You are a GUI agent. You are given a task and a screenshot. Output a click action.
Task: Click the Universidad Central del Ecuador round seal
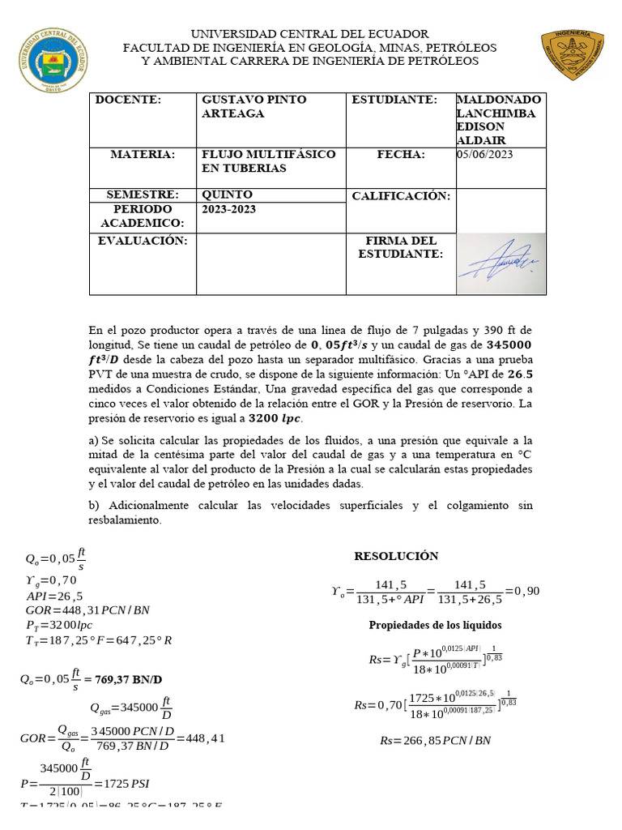pyautogui.click(x=50, y=61)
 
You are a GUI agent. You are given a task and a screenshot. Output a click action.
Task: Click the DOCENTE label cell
pyautogui.click(x=129, y=100)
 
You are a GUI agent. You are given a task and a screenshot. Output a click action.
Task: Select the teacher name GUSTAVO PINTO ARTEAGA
pyautogui.click(x=253, y=106)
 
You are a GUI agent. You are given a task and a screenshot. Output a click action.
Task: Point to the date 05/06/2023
pyautogui.click(x=485, y=154)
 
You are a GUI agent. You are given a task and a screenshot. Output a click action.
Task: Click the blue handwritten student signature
pyautogui.click(x=500, y=260)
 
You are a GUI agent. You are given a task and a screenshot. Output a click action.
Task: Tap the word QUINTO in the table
pyautogui.click(x=227, y=195)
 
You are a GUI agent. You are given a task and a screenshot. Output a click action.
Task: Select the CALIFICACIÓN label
pyautogui.click(x=400, y=196)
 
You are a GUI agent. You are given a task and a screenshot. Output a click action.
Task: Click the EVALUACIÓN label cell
pyautogui.click(x=143, y=241)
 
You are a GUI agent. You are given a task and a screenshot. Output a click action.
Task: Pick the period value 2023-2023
pyautogui.click(x=228, y=209)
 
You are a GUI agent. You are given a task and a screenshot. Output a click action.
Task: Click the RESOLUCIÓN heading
pyautogui.click(x=396, y=556)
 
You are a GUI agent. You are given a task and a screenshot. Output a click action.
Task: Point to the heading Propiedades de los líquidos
pyautogui.click(x=435, y=625)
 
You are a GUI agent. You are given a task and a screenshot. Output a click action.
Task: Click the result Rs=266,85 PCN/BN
pyautogui.click(x=435, y=740)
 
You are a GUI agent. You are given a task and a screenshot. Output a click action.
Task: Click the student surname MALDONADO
pyautogui.click(x=496, y=100)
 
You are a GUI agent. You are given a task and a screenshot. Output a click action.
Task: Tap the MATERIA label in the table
pyautogui.click(x=143, y=154)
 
